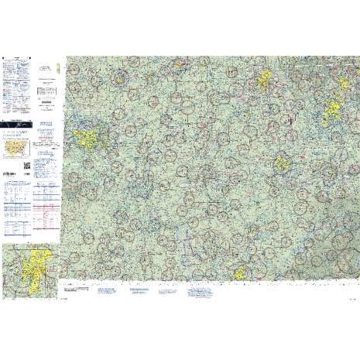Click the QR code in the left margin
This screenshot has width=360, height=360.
click(28, 163)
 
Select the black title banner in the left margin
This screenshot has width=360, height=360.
click(19, 123)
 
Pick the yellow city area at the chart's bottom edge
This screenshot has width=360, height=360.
click(242, 272)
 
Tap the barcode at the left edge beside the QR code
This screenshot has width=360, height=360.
click(5, 163)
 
